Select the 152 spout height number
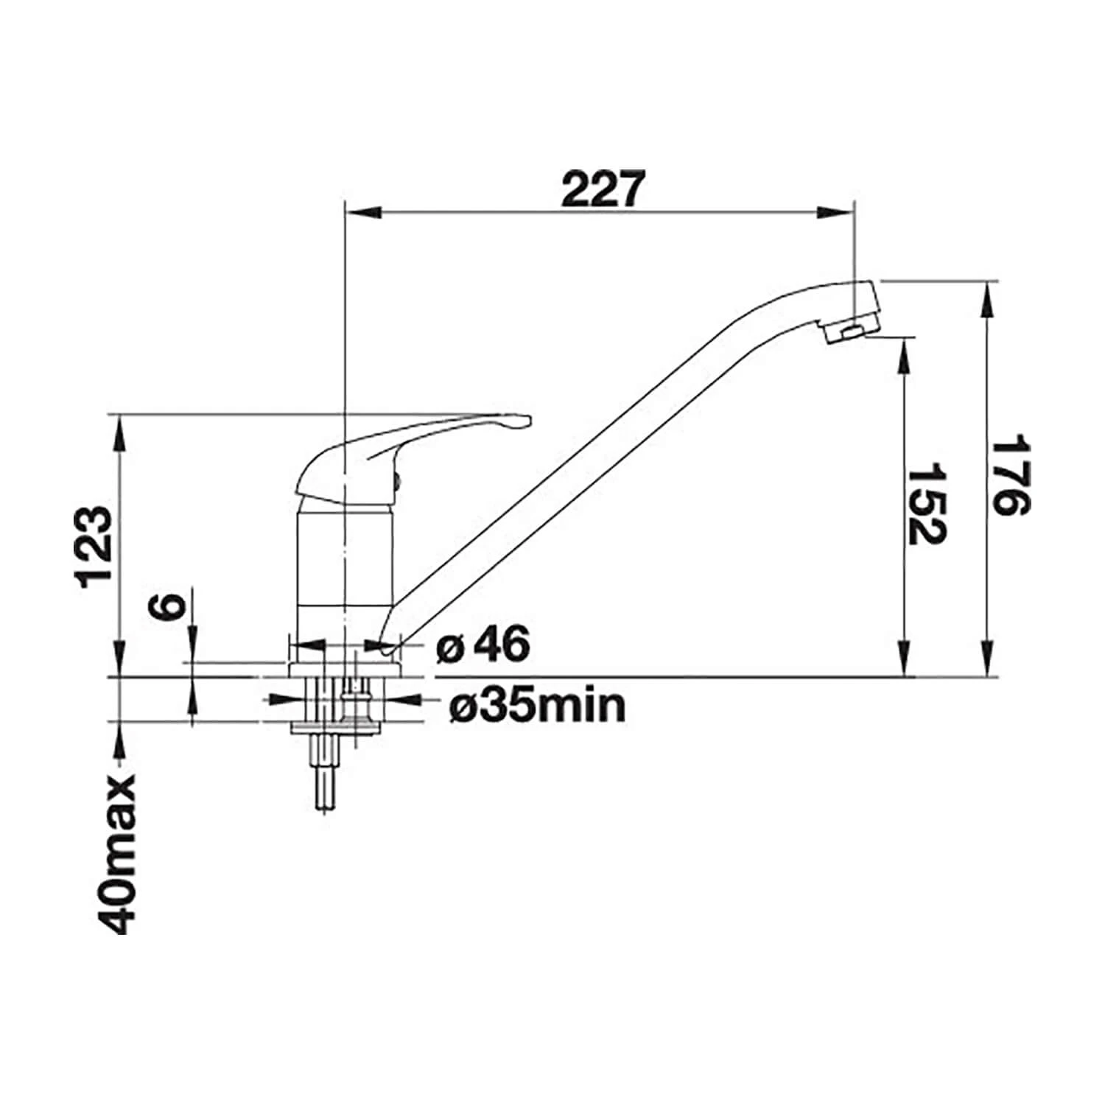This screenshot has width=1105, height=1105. tap(926, 503)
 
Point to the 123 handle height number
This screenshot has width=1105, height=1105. tap(96, 546)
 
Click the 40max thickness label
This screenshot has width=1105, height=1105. tap(116, 855)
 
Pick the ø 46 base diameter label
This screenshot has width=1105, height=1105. tap(483, 645)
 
